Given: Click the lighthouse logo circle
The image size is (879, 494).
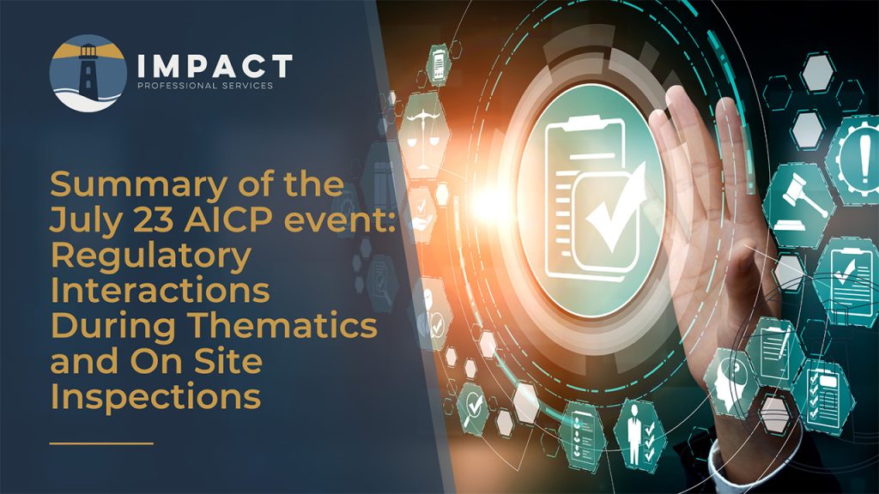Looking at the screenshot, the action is pos(88,74).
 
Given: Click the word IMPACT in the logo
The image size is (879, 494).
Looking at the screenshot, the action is pos(215,66).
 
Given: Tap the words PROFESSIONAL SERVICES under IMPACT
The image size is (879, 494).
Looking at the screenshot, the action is pos(205,86).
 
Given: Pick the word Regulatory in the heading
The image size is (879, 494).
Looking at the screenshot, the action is pos(151,257).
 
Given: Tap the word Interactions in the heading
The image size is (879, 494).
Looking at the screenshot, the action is pos(161,290).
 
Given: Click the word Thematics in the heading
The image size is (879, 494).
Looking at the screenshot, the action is pos(282,325).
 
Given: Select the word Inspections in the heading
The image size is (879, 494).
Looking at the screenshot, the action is pos(156,399).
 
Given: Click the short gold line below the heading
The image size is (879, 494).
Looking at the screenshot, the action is pos(101,443).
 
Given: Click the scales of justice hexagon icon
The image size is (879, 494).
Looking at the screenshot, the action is pos(424,136).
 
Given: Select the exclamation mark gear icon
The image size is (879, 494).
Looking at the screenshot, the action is pos(858,154).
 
